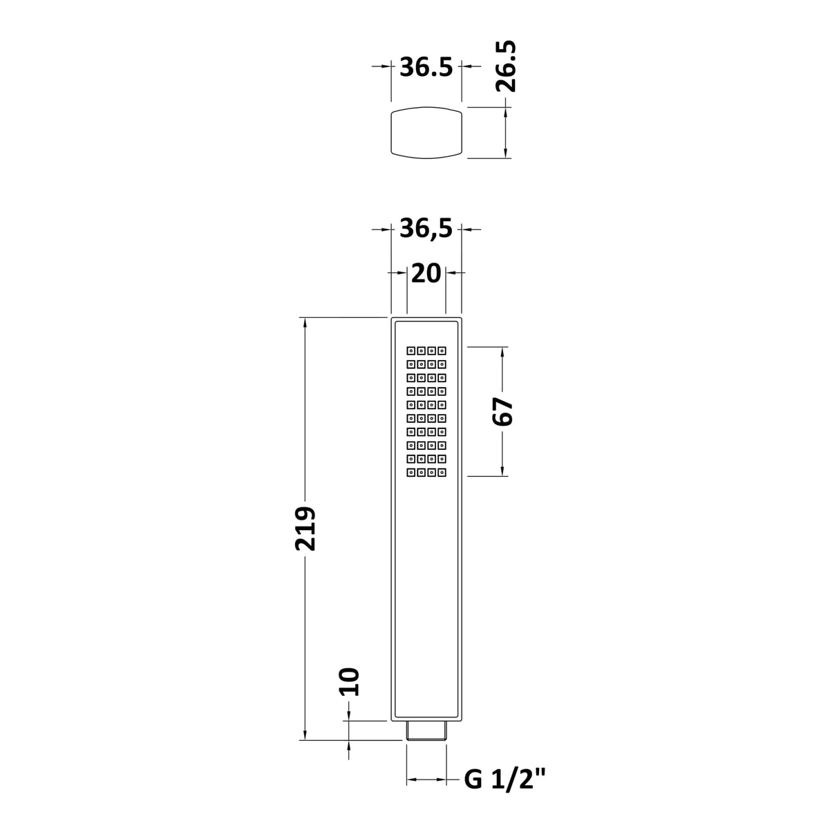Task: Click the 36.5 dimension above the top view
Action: coord(426,68)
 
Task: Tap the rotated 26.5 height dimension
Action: coord(506,66)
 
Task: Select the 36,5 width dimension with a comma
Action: coord(426,229)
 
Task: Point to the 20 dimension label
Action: coord(426,274)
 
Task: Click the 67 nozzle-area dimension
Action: coord(503,411)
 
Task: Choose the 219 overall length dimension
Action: coord(305,529)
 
